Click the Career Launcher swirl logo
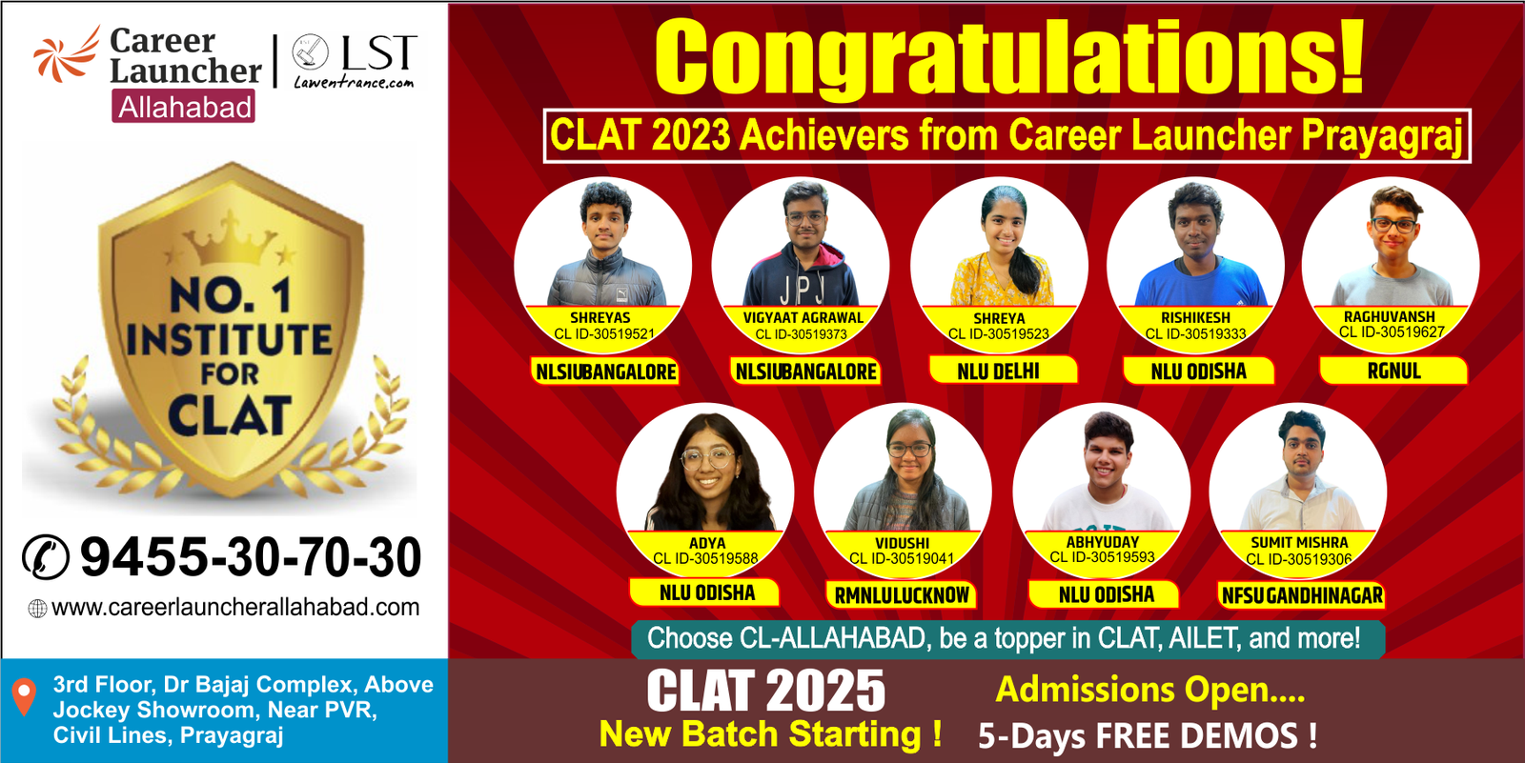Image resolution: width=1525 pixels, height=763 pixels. click(67, 56)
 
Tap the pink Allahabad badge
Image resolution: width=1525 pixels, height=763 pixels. click(184, 106)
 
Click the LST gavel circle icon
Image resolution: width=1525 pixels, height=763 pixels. click(310, 51)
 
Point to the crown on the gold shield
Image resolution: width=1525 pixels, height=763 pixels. click(230, 239)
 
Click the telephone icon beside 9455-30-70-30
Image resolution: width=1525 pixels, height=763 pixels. click(46, 556)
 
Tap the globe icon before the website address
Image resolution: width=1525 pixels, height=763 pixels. click(37, 609)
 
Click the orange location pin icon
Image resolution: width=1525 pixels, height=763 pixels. click(25, 697)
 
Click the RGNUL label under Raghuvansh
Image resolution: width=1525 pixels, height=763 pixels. click(1393, 371)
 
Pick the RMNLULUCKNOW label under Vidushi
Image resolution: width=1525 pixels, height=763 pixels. click(902, 595)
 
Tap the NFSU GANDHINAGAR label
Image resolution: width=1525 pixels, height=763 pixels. click(1302, 595)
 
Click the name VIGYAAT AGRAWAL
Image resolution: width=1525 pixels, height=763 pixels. click(803, 318)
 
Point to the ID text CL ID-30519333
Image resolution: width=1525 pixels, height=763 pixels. click(1195, 334)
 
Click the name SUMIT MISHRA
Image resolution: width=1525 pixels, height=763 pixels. click(1299, 542)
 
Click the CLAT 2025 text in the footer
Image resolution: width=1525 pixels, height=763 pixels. click(766, 691)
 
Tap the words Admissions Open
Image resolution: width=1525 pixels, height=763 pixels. click(1149, 690)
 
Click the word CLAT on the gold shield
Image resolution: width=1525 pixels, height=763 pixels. click(230, 415)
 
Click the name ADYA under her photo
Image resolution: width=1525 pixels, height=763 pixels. click(707, 543)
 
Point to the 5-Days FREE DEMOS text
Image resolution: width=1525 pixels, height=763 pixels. click(1148, 735)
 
